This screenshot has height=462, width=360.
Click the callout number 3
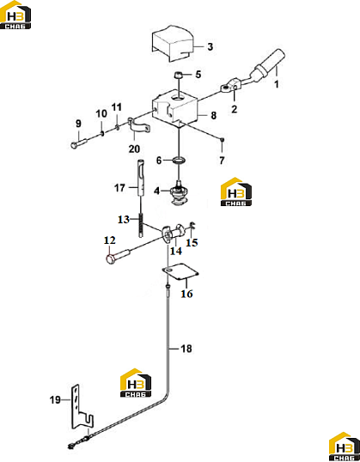(210, 46)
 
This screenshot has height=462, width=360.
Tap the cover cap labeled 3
(173, 44)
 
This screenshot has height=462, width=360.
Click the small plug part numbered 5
(178, 75)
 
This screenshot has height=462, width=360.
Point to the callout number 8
(214, 115)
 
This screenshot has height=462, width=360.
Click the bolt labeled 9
(78, 143)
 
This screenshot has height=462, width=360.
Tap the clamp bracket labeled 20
(139, 126)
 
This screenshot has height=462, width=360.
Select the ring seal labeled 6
(179, 161)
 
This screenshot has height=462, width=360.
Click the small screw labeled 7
(223, 139)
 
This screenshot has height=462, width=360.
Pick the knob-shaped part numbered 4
(178, 195)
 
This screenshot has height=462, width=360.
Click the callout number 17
(119, 188)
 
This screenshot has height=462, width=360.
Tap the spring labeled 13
(142, 225)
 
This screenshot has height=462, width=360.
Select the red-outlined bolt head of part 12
(111, 259)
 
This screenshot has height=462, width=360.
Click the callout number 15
(192, 243)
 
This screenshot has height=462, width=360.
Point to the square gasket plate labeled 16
(180, 272)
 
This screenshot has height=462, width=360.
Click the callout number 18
(186, 349)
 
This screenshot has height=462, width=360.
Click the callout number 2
(234, 109)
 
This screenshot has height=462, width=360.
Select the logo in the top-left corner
(15, 15)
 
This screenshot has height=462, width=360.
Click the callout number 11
(117, 107)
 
